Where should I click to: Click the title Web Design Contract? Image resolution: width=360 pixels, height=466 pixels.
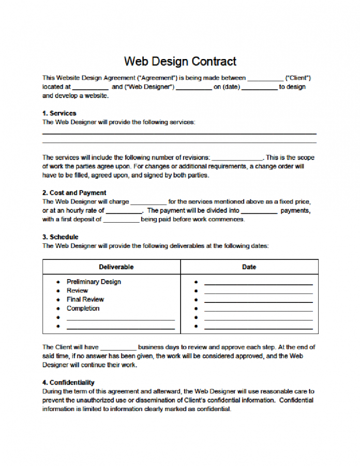[x=180, y=62]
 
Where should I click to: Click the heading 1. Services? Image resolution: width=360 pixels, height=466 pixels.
[x=59, y=113]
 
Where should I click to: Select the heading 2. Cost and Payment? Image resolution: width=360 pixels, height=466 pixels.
[x=74, y=193]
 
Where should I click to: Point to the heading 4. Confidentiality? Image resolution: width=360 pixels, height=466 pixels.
[x=68, y=383]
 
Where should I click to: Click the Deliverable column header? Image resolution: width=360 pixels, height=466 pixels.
[x=116, y=267]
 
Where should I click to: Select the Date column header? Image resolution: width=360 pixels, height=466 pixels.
[x=249, y=267]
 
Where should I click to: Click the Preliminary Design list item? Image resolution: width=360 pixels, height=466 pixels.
[x=94, y=282]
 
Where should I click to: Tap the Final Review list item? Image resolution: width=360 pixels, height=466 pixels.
[x=85, y=299]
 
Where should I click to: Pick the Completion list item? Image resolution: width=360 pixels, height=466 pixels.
[x=83, y=308]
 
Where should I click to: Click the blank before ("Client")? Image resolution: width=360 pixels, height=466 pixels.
[x=265, y=79]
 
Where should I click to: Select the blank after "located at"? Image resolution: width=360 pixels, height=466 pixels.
[x=91, y=88]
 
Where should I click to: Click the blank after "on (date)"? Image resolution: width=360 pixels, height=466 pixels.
[x=260, y=88]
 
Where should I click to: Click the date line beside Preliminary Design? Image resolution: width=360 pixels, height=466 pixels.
[x=258, y=284]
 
